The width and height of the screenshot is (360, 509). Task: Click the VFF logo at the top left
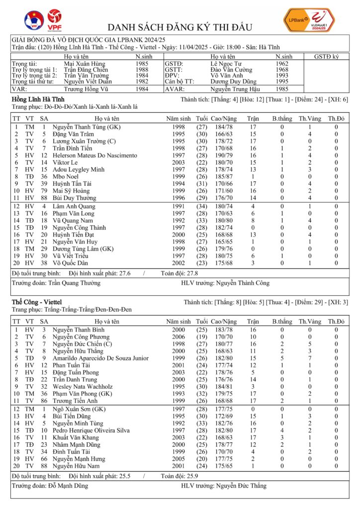pyautogui.click(x=34, y=20)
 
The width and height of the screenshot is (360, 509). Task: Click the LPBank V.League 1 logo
pyautogui.click(x=309, y=20)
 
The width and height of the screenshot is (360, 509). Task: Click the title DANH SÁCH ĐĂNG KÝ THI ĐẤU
pyautogui.click(x=180, y=27)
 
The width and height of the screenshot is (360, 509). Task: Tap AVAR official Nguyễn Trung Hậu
pyautogui.click(x=235, y=89)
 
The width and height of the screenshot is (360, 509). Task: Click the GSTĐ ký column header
pyautogui.click(x=326, y=57)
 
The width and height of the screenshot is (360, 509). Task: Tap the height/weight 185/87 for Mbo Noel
pyautogui.click(x=223, y=176)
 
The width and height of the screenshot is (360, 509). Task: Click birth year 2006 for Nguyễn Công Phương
pyautogui.click(x=179, y=337)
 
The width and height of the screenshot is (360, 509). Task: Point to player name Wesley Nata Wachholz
pyautogui.click(x=83, y=386)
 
